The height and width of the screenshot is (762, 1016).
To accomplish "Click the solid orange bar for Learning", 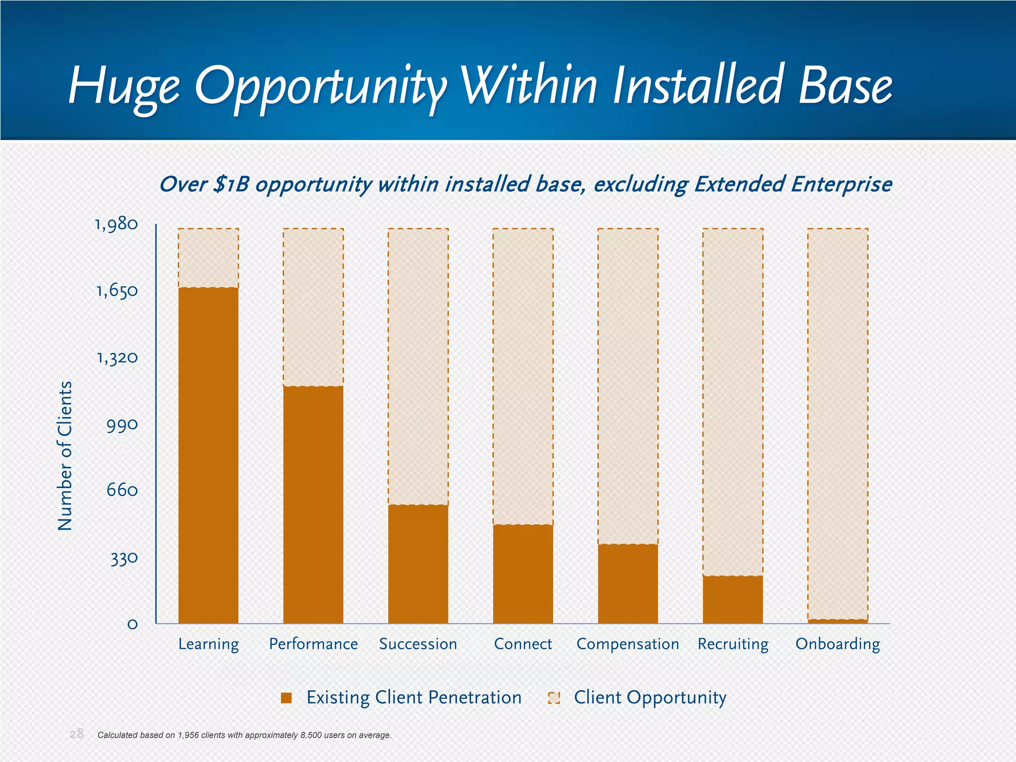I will (208, 455).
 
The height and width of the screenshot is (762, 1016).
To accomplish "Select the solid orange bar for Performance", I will (313, 505).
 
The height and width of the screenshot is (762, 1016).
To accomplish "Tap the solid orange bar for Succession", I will (418, 564).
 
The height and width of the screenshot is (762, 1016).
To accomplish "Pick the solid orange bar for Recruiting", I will (733, 599).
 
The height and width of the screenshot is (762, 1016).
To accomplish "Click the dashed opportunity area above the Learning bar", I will (208, 258).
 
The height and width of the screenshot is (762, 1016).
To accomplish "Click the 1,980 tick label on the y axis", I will (117, 225).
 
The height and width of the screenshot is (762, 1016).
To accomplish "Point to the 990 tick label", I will (122, 425).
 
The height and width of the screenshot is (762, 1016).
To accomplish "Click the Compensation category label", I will (628, 644).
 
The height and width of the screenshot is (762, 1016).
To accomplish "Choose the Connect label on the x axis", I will (523, 644).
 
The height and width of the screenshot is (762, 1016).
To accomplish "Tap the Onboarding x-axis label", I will (837, 644).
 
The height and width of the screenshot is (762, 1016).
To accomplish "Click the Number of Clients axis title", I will (65, 455).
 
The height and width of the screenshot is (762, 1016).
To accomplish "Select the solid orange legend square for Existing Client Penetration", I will (286, 698).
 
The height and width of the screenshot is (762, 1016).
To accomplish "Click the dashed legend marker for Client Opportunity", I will (554, 698).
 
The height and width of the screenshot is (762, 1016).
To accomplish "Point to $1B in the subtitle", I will (231, 185).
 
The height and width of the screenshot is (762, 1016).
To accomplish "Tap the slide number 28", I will (76, 734).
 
